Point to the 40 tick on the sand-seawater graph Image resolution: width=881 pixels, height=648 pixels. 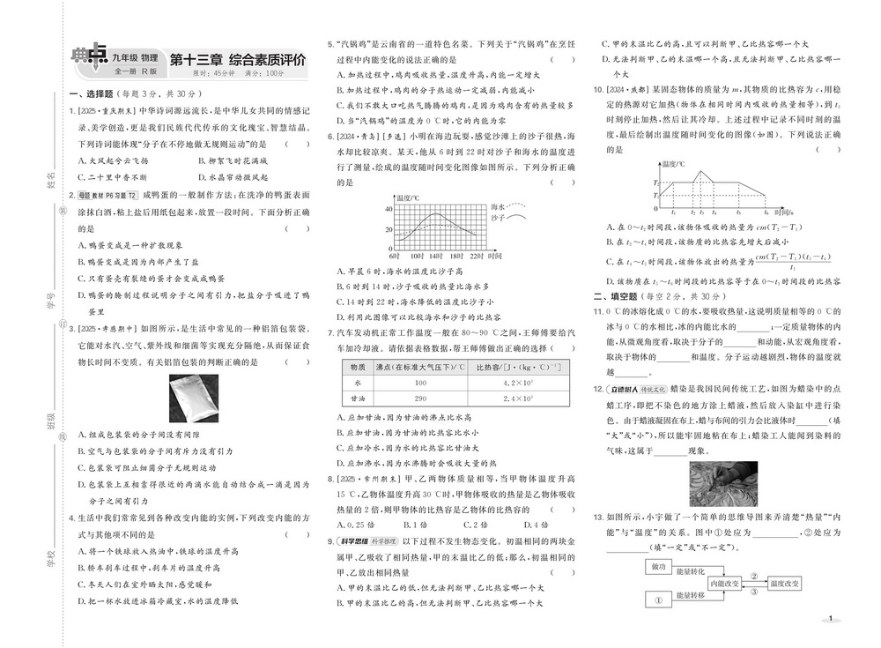point(387,209)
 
